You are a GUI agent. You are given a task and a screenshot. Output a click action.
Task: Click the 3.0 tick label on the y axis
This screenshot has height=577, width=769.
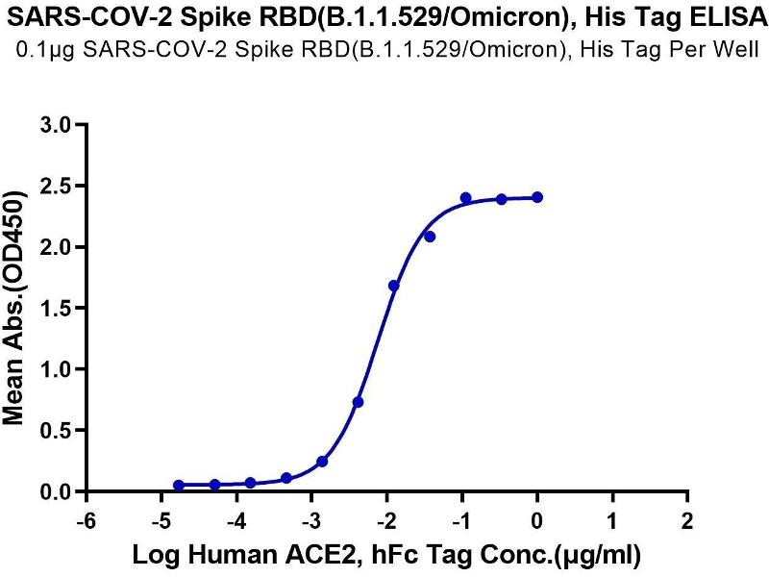coord(56,125)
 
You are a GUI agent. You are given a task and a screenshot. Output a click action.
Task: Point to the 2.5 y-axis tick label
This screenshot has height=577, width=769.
coord(56,186)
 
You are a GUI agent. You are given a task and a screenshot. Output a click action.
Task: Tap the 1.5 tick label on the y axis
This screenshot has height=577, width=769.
coord(56,309)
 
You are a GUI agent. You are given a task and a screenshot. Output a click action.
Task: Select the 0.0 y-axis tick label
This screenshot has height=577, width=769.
coord(56,492)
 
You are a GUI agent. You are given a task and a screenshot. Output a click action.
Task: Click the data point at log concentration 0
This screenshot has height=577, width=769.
coord(537,197)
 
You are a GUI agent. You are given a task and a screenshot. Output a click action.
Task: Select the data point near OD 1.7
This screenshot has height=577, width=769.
coord(394,286)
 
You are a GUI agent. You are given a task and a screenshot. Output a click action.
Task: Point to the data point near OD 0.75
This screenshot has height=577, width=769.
coord(358,402)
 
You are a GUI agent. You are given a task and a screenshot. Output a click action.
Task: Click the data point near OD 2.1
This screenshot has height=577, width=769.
coord(430,237)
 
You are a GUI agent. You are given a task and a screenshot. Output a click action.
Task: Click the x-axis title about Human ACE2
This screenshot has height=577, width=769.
coord(386,555)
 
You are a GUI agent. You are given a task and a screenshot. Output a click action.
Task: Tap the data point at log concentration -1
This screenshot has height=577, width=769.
coord(466,198)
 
